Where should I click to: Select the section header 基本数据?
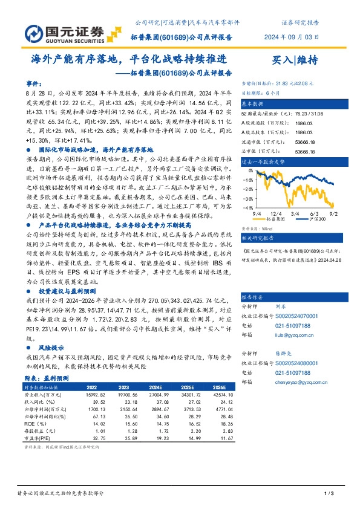pos(254,104)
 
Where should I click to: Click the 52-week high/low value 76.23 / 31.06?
pos(308,114)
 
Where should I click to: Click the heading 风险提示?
pos(51,349)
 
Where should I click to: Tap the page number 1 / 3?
pos(329,494)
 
